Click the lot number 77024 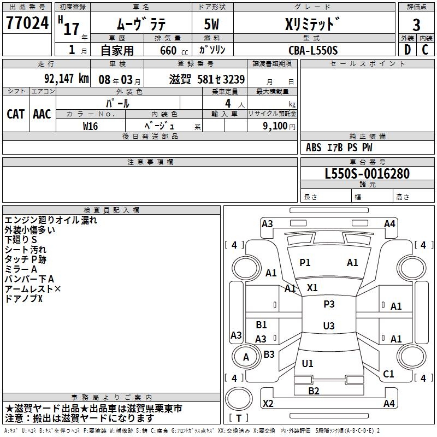pyautogui.click(x=27, y=23)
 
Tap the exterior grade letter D pyautogui.click(x=406, y=49)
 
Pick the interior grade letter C pyautogui.click(x=425, y=49)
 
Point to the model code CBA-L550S pyautogui.click(x=313, y=50)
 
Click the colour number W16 pyautogui.click(x=91, y=126)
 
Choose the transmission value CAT pyautogui.click(x=15, y=114)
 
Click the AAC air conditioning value pyautogui.click(x=42, y=114)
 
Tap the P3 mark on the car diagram pyautogui.click(x=329, y=304)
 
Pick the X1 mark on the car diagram pyautogui.click(x=312, y=287)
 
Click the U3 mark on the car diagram pyautogui.click(x=329, y=326)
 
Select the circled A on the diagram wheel pyautogui.click(x=246, y=357)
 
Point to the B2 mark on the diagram pyautogui.click(x=314, y=391)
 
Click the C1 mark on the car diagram pyautogui.click(x=388, y=374)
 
